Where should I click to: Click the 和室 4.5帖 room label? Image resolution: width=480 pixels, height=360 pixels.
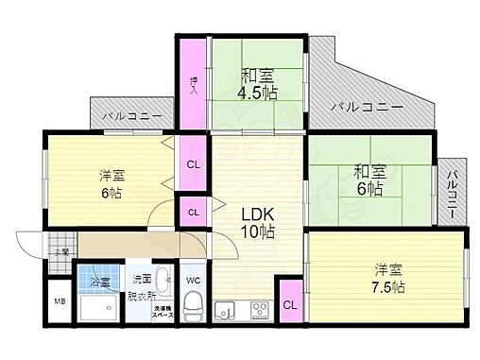pos(258,83)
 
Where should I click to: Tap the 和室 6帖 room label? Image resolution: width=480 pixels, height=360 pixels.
pos(369,180)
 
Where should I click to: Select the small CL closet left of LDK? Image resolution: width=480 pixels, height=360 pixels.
pos(193,211)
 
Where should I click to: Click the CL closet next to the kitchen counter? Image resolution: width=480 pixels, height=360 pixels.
pos(289,304)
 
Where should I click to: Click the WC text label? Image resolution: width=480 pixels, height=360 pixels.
pos(194,280)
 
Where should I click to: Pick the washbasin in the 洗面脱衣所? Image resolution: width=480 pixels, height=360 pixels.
pos(162,280)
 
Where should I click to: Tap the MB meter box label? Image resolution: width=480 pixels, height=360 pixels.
pos(60,301)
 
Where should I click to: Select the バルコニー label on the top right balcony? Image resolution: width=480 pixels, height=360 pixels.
pos(367,108)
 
